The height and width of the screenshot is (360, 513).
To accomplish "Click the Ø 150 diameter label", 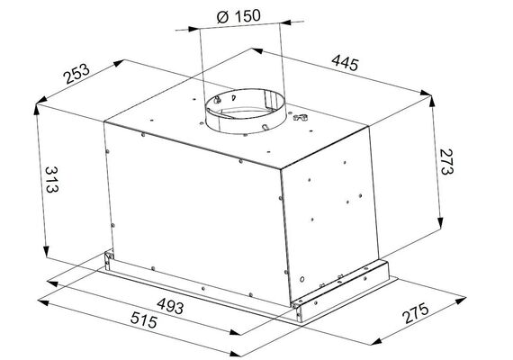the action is tap(238, 16).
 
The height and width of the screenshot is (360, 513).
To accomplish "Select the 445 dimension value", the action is tap(346, 63).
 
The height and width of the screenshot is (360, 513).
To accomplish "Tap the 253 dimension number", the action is tap(76, 74).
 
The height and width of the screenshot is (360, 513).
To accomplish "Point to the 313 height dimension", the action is tap(51, 180).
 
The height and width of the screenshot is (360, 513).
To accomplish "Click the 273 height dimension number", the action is tap(446, 162).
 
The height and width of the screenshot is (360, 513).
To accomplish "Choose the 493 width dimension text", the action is tap(170, 306).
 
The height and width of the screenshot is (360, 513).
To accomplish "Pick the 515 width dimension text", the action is tap(144, 320).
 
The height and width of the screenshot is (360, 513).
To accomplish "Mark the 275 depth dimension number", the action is tap(415, 313).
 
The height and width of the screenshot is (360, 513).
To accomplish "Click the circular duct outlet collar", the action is tap(245, 112).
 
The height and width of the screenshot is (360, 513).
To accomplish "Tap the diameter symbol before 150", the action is tap(222, 18).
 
